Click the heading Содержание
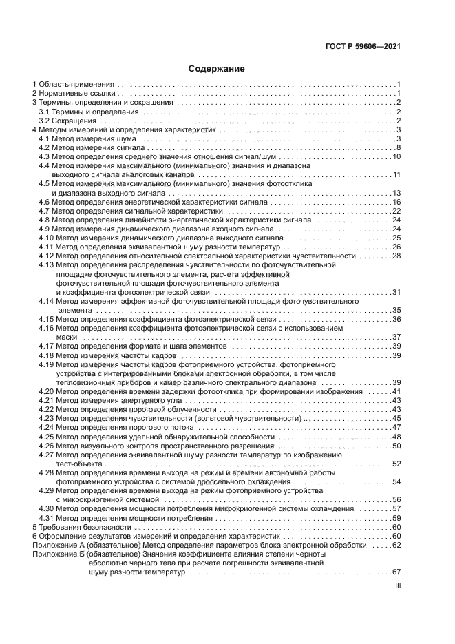pyautogui.click(x=217, y=69)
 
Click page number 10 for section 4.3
pyautogui.click(x=396, y=157)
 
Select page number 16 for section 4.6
pyautogui.click(x=396, y=202)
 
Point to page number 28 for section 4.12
pyautogui.click(x=396, y=256)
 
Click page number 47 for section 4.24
pyautogui.click(x=396, y=427)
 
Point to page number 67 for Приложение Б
pyautogui.click(x=396, y=572)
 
